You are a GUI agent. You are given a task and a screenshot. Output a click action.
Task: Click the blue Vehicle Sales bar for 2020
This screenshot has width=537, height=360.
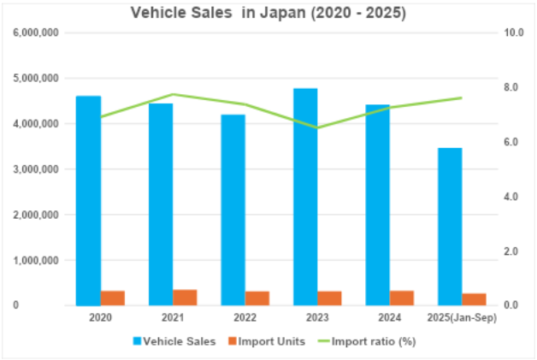[x=89, y=200]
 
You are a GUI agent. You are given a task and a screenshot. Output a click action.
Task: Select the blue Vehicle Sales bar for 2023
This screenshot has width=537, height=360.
[x=305, y=197]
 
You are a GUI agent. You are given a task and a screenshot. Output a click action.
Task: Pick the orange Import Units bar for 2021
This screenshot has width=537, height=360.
[x=185, y=297]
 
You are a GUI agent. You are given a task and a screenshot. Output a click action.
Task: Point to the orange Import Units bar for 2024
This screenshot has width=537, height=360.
[x=402, y=298]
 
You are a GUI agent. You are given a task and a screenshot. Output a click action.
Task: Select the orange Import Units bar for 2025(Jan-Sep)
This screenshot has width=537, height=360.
[x=474, y=299]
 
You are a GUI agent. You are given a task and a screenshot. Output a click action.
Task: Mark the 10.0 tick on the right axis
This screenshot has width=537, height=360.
[x=515, y=32]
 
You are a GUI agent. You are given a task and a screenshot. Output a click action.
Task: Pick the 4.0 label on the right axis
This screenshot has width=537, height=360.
[x=513, y=197]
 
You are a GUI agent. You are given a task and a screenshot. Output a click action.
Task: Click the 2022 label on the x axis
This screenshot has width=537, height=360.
[x=245, y=318]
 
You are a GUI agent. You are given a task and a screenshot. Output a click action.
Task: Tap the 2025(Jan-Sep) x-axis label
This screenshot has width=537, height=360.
[x=462, y=318]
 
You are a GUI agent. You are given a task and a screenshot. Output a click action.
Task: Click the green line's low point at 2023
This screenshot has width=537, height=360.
[x=317, y=127]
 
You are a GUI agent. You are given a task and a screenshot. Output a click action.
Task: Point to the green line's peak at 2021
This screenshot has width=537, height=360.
[x=173, y=94]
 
